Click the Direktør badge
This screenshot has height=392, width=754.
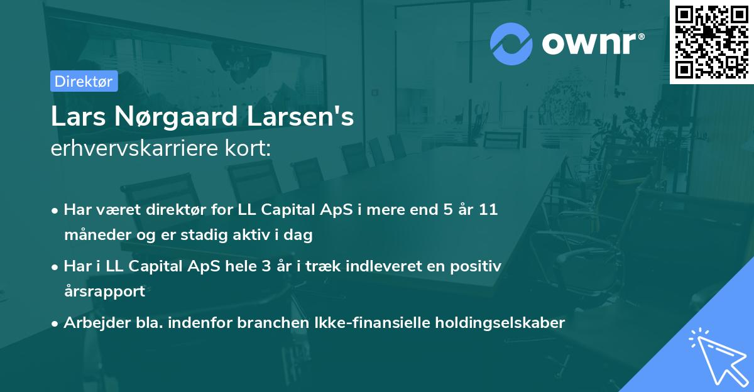tap(84, 81)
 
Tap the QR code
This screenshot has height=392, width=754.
tap(711, 41)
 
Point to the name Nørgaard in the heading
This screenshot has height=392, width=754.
tap(170, 117)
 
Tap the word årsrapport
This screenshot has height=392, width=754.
tap(104, 291)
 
